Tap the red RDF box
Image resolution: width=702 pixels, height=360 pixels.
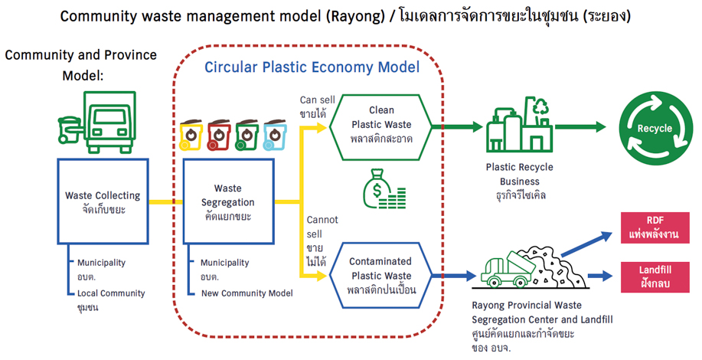coord(654,227)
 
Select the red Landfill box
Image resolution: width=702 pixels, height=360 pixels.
coord(654,274)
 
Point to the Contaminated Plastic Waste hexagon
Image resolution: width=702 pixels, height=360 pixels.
coord(381,274)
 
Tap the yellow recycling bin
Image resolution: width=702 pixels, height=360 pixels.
coord(191,136)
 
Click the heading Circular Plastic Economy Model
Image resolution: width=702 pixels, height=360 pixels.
coord(312,67)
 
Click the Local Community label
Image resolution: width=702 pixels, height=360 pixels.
coord(111,293)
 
